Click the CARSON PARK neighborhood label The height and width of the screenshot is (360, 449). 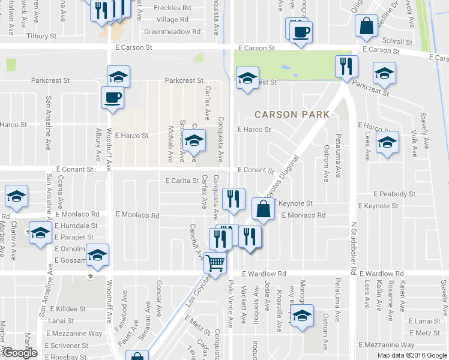coord(292,114)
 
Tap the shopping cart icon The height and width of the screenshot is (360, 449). coord(215,262)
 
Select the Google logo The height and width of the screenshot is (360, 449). coord(20,353)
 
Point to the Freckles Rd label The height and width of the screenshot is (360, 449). coord(172,8)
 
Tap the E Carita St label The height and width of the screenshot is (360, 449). coord(182,181)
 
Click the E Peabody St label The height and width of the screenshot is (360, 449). coord(394,194)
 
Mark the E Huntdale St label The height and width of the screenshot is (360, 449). coord(76,226)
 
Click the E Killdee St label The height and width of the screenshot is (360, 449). coord(68,308)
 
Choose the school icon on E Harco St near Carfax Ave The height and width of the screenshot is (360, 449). coord(194,141)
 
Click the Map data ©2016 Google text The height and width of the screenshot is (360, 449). coord(412,355)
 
